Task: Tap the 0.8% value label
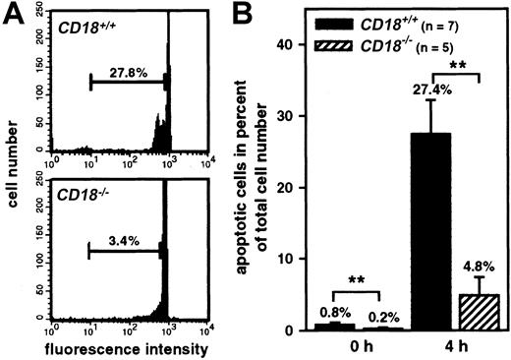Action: (326, 314)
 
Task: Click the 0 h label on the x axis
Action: (349, 348)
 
